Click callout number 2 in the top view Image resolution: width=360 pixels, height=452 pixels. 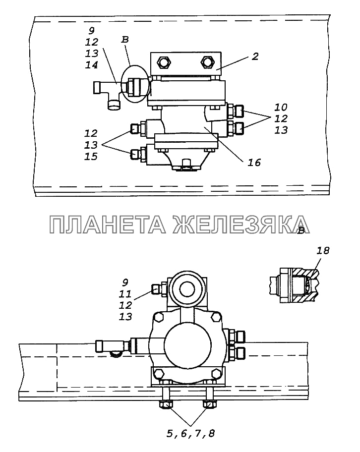[254, 56]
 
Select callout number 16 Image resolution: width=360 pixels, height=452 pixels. [255, 162]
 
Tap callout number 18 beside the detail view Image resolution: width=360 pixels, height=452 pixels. [323, 250]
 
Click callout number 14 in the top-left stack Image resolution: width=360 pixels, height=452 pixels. [91, 65]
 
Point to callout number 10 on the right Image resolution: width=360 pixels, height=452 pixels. [281, 107]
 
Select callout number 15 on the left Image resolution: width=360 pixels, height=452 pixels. [91, 157]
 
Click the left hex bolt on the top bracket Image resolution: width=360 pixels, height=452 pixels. [164, 63]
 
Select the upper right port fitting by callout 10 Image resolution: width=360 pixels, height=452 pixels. [238, 110]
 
